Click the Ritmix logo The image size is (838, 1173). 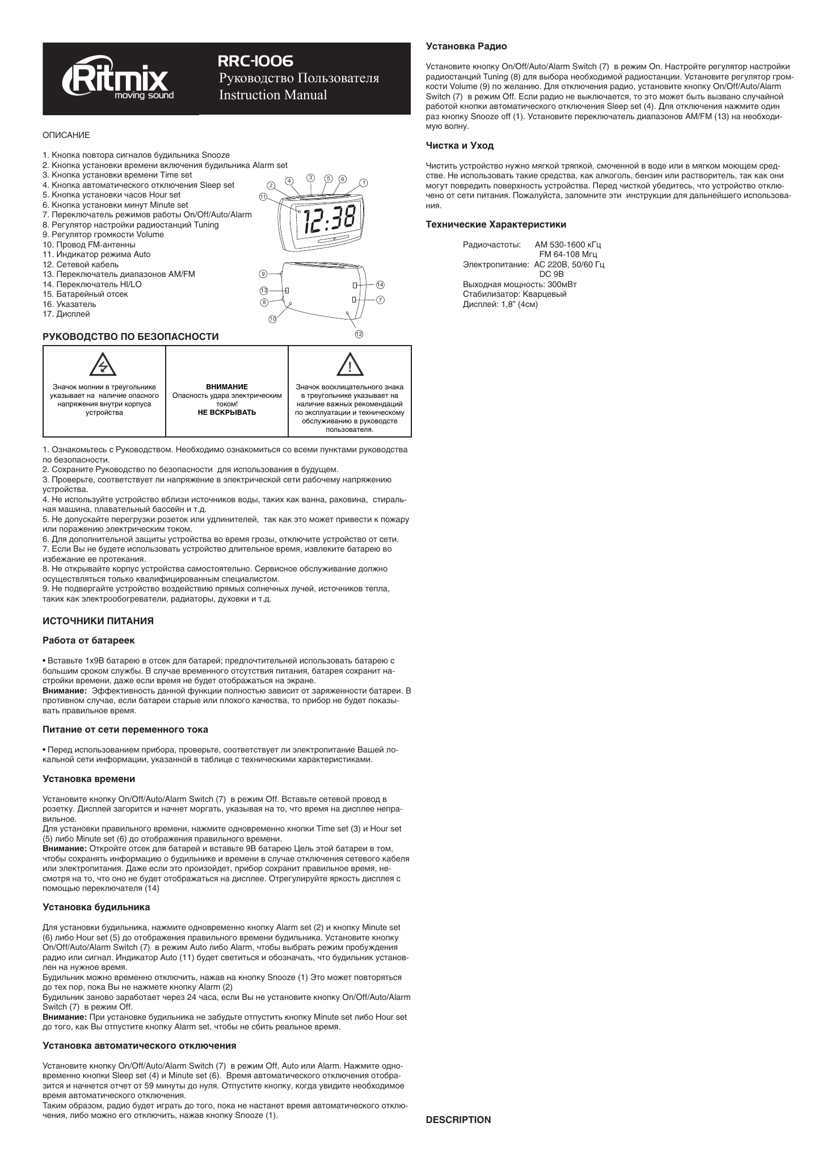coord(118,81)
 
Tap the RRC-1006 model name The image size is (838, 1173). coord(256,61)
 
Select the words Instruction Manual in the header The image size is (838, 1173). coord(273,95)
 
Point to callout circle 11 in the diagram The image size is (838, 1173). coord(263,196)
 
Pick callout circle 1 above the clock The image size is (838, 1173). coord(364,183)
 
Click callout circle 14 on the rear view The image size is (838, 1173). coord(380,284)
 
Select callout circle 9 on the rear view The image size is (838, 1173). coord(263,274)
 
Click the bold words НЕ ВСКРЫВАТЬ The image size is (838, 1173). coord(227,412)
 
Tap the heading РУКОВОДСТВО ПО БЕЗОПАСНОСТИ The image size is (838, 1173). coord(131,337)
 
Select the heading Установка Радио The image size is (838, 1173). coord(466,46)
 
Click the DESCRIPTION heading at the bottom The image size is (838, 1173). coord(458,1120)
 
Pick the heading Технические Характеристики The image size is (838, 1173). coord(496,225)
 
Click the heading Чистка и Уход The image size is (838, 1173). coord(460,146)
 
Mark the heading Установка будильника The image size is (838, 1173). coord(96,907)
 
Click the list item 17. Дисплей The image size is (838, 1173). coord(66,314)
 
